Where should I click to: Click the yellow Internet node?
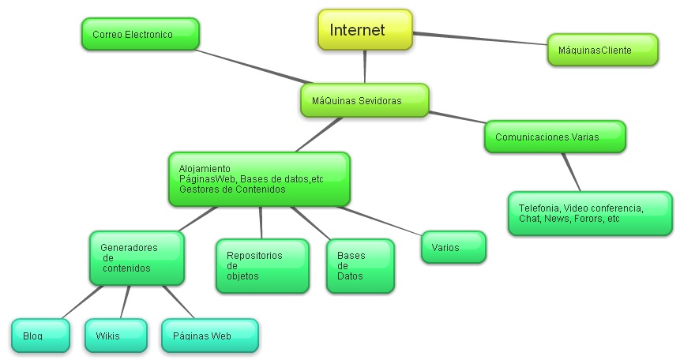point(365,30)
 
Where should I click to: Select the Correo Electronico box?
point(140,35)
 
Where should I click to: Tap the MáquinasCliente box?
point(602,50)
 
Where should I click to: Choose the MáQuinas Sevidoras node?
point(364,101)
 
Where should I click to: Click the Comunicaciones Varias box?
point(554,137)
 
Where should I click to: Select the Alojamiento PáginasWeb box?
point(259,179)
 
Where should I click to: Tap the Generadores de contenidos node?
point(137,258)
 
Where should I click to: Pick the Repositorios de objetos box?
point(262,266)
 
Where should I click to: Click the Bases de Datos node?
point(359,266)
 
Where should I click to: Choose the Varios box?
point(453,247)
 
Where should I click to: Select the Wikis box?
point(115,336)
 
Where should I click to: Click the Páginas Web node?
point(209,336)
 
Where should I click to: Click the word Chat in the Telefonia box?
point(528,219)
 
